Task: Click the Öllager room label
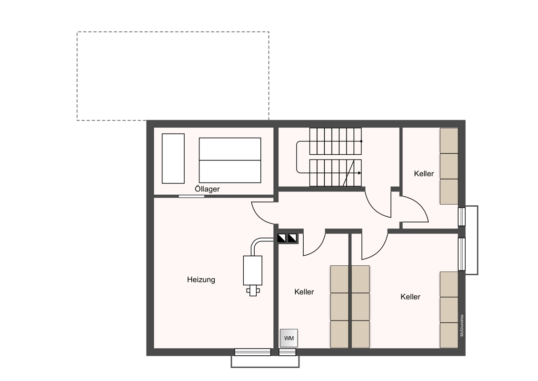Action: click(x=207, y=189)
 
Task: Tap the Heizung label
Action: click(x=201, y=280)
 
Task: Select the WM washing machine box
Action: click(x=289, y=338)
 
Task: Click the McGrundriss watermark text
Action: click(x=462, y=325)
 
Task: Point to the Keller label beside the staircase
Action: click(x=424, y=174)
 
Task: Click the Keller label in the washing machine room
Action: click(x=304, y=292)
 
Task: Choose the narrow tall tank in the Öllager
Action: click(x=173, y=159)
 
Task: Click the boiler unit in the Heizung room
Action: click(x=252, y=271)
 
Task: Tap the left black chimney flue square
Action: click(x=282, y=238)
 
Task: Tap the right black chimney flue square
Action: click(x=292, y=238)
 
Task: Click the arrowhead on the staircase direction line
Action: click(x=359, y=173)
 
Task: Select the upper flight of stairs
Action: click(x=336, y=141)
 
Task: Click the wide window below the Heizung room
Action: click(x=252, y=352)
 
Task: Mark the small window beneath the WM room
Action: click(x=287, y=352)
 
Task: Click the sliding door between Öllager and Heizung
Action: click(x=191, y=196)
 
